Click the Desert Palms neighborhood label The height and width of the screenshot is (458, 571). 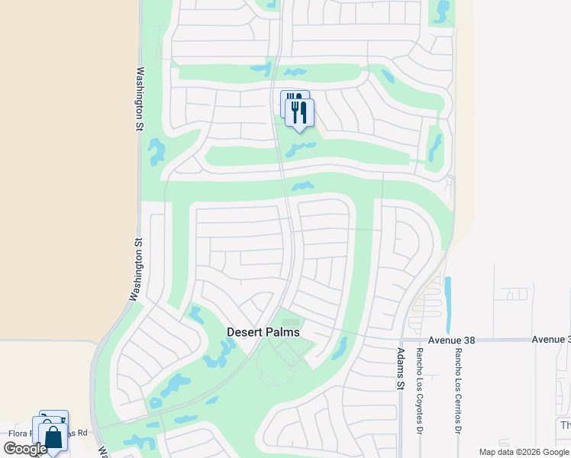pyautogui.click(x=263, y=333)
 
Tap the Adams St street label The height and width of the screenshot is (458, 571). pyautogui.click(x=400, y=369)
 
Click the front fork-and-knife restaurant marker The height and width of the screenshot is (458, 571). pyautogui.click(x=299, y=112)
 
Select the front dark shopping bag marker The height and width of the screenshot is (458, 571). pyautogui.click(x=53, y=438)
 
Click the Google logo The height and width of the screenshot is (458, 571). pyautogui.click(x=24, y=450)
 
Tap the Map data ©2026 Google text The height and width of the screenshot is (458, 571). pyautogui.click(x=523, y=452)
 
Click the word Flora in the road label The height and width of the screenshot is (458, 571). pyautogui.click(x=19, y=433)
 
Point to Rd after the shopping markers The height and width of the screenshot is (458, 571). pyautogui.click(x=82, y=433)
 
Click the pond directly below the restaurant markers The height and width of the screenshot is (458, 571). pyautogui.click(x=300, y=148)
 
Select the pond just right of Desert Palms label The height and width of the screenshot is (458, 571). pyautogui.click(x=339, y=348)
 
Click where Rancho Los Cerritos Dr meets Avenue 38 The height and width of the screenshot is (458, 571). pyautogui.click(x=458, y=340)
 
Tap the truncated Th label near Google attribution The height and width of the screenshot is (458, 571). pyautogui.click(x=565, y=426)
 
